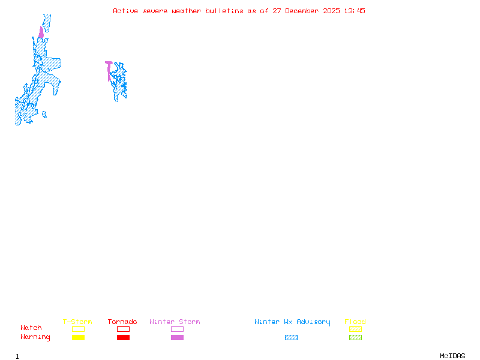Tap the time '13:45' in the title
356,11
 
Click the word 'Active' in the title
125,11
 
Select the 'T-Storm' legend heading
77,322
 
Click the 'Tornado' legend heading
122,322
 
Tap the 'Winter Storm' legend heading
175,322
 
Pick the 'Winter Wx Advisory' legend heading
292,322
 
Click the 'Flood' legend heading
355,322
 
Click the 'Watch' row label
31,328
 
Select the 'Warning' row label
35,337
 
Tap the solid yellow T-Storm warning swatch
78,338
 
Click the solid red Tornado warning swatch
123,338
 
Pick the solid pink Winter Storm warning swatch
177,338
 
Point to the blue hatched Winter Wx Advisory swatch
291,338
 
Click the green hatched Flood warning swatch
355,338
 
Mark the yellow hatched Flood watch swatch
355,329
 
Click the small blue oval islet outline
44,115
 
